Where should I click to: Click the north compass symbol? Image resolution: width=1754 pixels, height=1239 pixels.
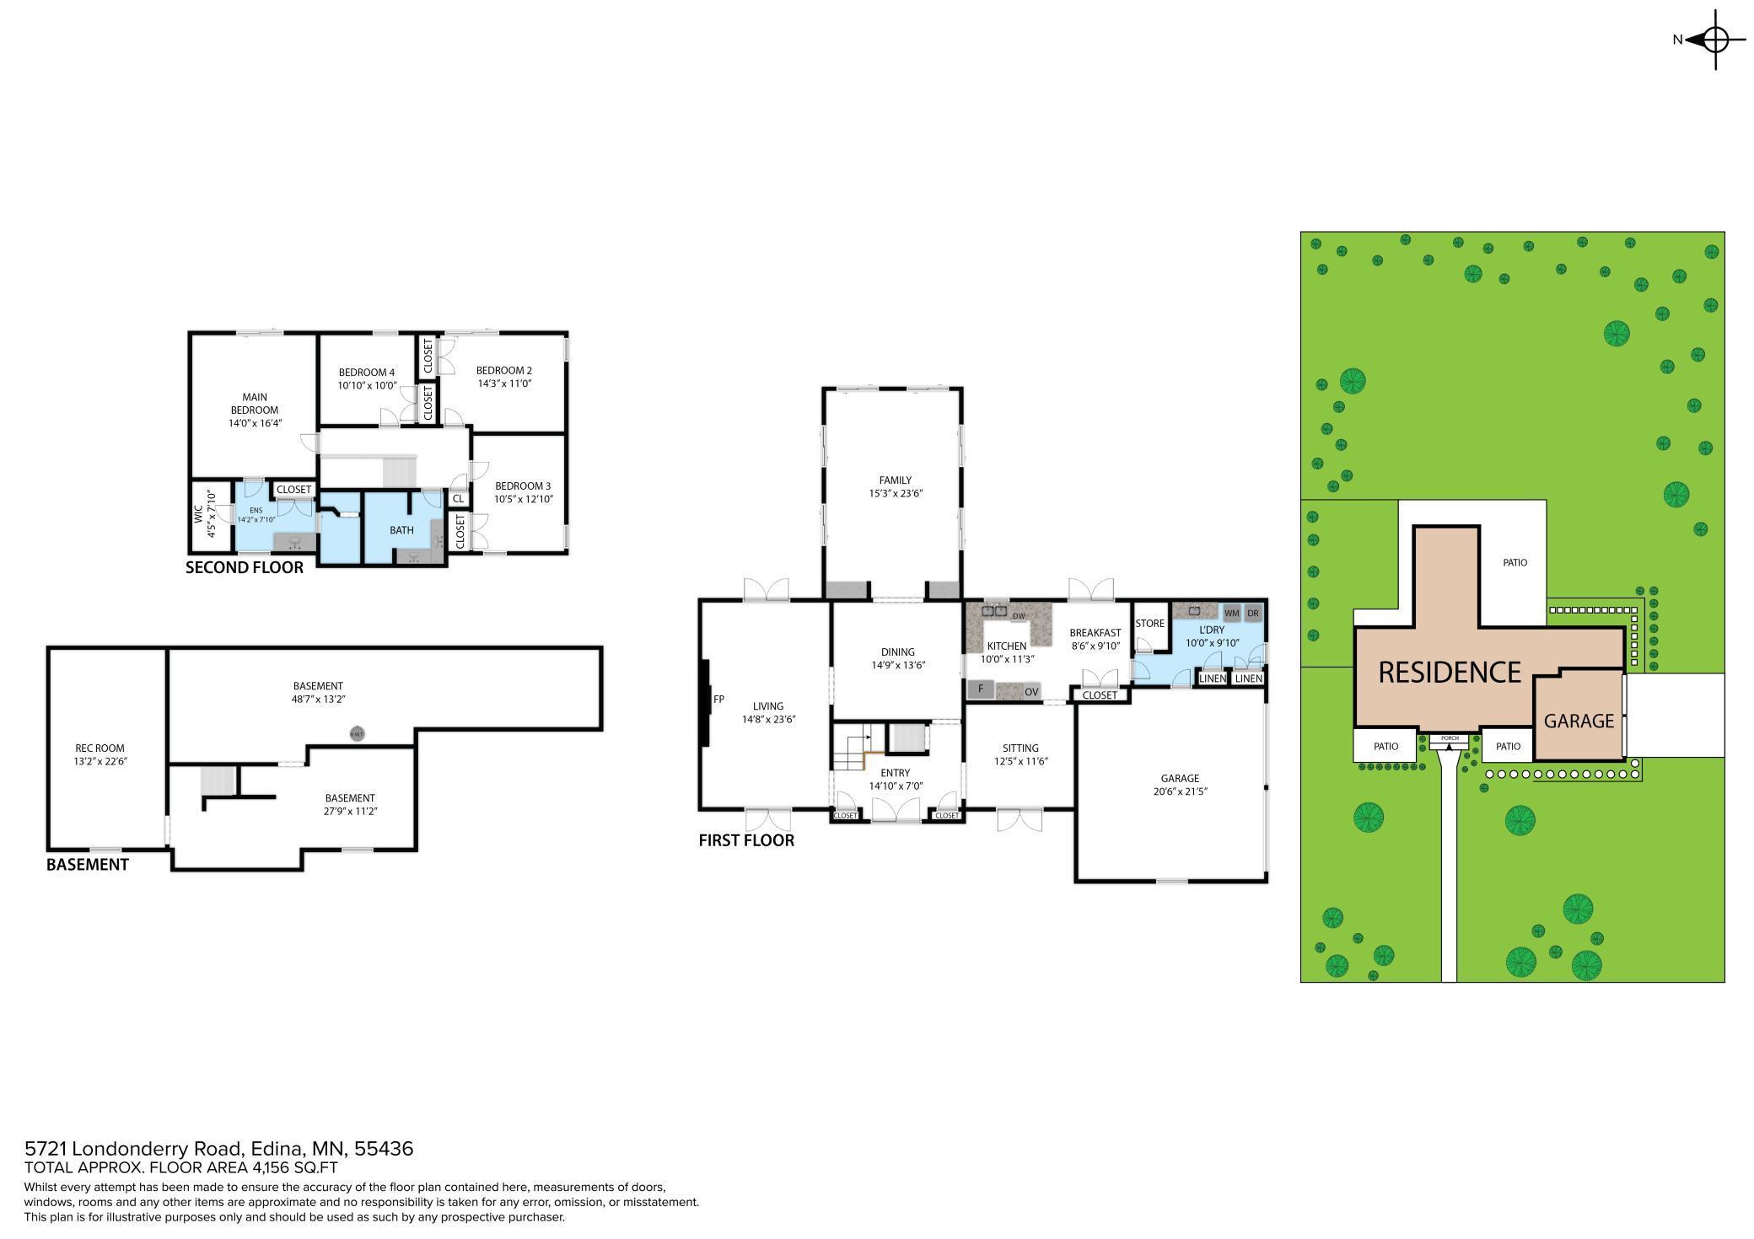click(1715, 40)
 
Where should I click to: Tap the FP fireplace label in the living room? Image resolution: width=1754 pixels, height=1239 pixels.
click(719, 699)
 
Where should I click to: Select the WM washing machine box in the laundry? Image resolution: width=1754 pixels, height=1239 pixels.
click(1231, 614)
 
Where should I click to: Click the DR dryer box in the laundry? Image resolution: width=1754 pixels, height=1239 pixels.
click(1253, 614)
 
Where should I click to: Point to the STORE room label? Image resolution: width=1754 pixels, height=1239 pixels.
click(1149, 624)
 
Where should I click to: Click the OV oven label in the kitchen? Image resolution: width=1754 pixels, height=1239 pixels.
click(1031, 692)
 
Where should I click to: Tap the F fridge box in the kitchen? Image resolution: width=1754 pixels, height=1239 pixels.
click(981, 689)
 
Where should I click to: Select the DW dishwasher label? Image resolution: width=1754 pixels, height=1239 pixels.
click(1019, 616)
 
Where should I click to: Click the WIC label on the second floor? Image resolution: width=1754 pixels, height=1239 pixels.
click(199, 514)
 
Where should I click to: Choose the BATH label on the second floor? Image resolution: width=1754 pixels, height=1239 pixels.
click(401, 530)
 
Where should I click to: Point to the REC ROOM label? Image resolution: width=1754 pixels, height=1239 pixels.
click(100, 748)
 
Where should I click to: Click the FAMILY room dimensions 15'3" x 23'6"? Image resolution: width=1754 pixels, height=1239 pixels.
click(896, 494)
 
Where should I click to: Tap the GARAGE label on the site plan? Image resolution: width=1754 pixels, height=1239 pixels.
click(1579, 721)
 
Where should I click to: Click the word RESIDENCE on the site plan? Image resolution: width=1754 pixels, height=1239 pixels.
click(1450, 672)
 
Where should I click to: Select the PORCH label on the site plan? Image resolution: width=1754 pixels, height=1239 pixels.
click(1450, 738)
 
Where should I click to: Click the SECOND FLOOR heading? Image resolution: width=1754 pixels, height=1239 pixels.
click(245, 567)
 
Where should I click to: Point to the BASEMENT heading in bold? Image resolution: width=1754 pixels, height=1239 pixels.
click(87, 864)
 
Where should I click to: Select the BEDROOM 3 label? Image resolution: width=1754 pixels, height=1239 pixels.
click(523, 485)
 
